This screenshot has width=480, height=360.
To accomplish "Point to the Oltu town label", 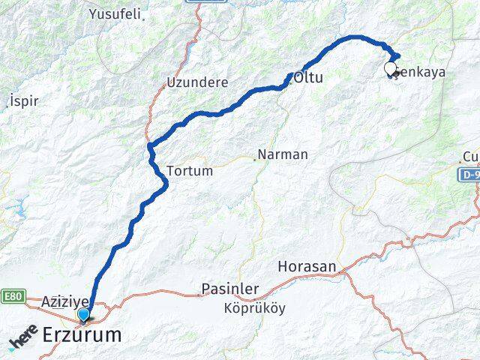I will (308, 77).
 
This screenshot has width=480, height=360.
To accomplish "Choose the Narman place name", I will (283, 155).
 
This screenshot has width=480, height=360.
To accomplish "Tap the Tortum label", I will (190, 171).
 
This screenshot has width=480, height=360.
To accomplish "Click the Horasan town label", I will (307, 266).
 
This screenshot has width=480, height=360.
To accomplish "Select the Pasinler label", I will (232, 289).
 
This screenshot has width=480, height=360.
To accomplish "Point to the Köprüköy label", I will (254, 308).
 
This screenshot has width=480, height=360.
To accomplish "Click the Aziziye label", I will (66, 301).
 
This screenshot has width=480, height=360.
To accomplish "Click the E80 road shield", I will (12, 295).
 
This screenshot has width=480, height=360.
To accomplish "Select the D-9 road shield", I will (469, 173).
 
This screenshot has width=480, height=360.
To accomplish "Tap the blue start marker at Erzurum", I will (83, 314).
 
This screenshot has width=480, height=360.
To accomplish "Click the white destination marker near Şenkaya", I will (390, 69).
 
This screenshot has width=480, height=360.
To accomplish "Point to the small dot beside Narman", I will (254, 157).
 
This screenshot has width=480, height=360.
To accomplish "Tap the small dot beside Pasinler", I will (199, 294).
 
